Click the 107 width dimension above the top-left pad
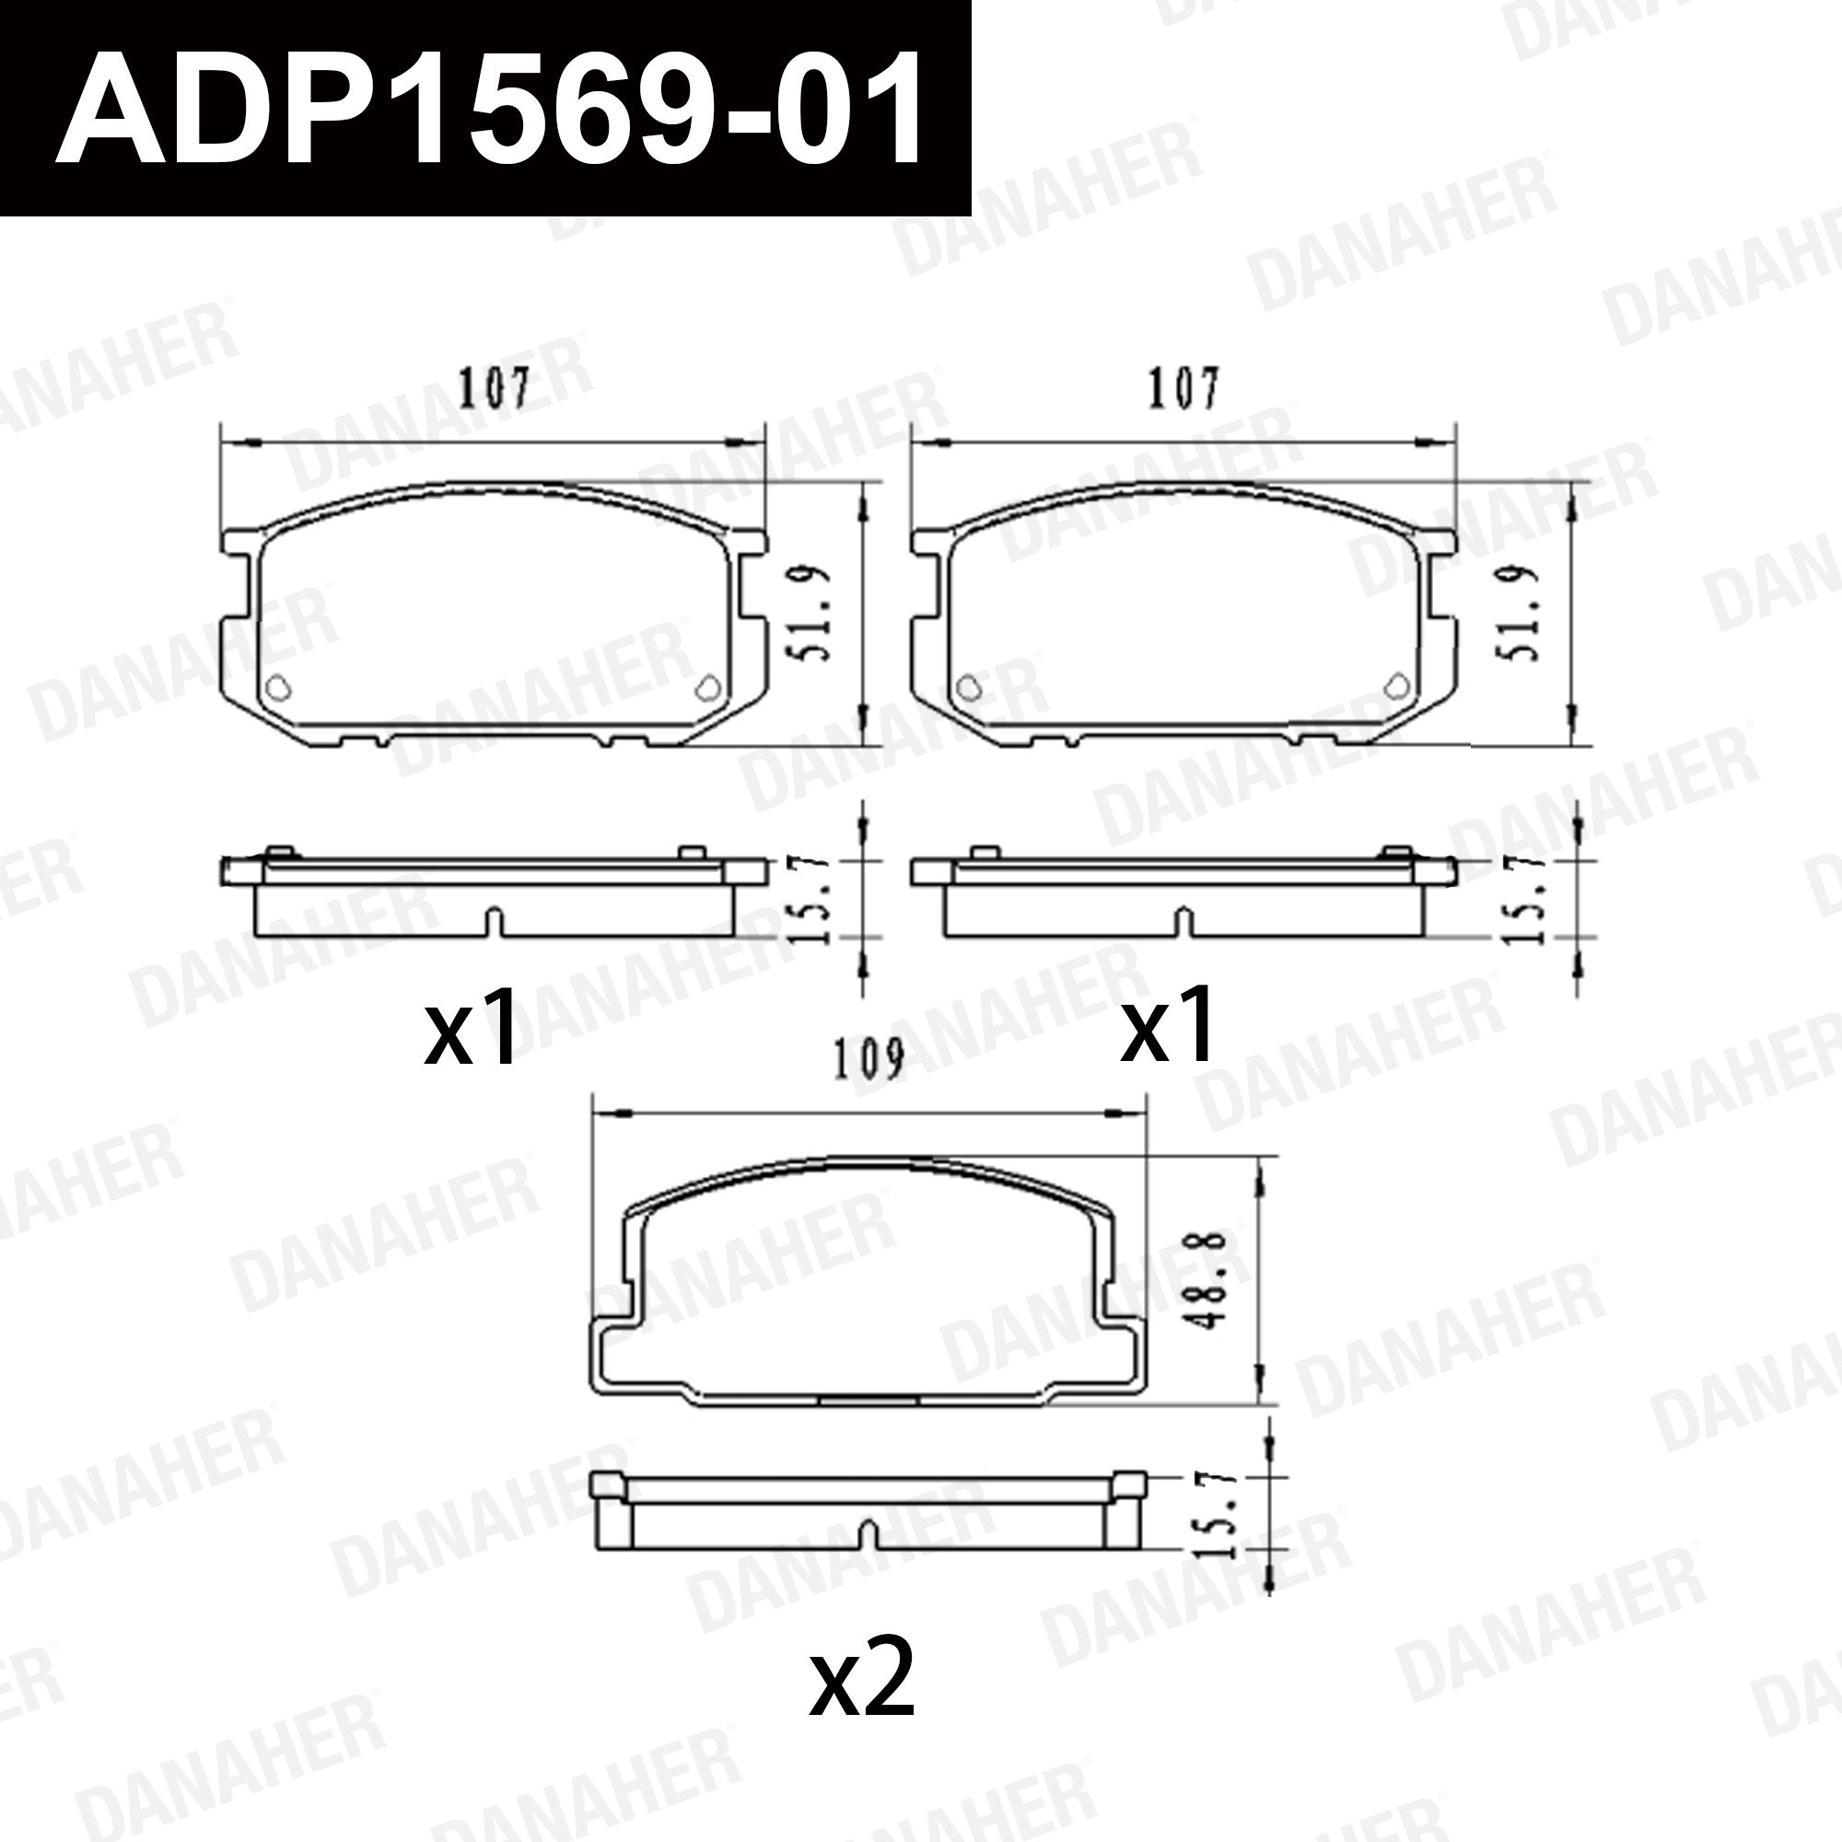pyautogui.click(x=494, y=389)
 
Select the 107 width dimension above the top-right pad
pyautogui.click(x=1183, y=389)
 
